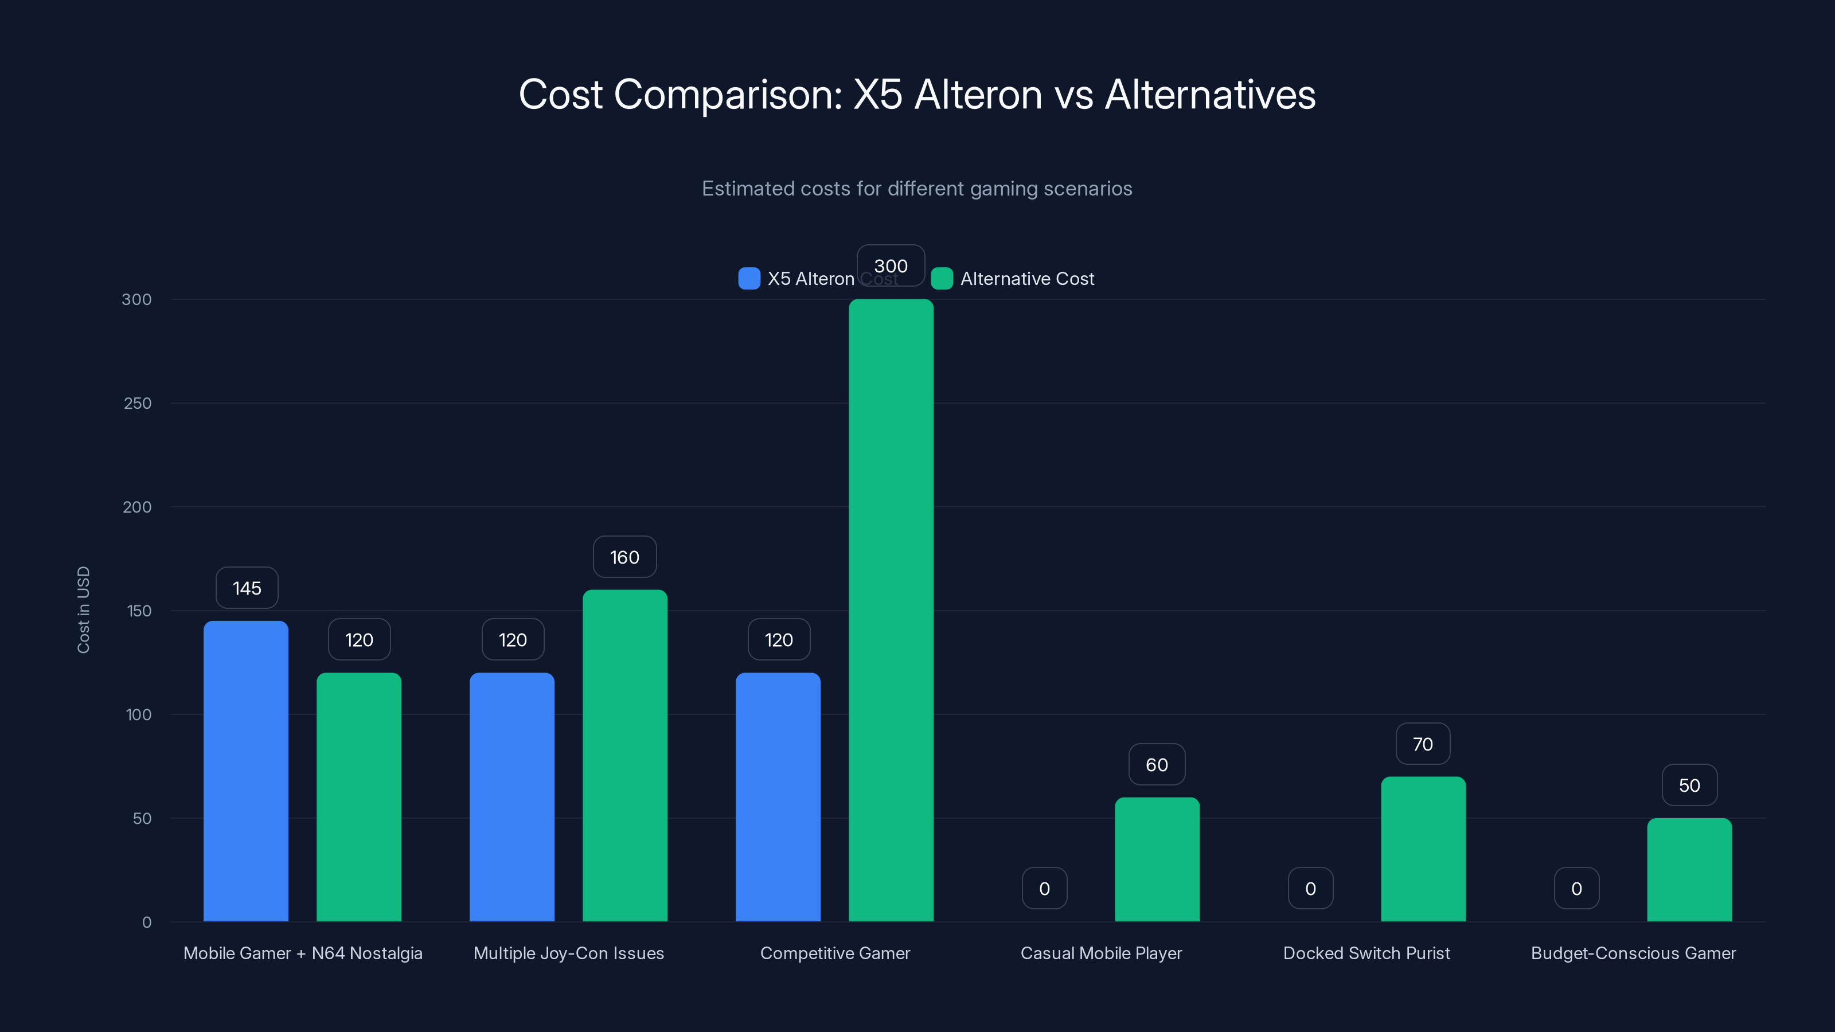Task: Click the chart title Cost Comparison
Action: coord(917,94)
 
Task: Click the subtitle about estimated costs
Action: coord(917,189)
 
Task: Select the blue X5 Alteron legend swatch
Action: coord(749,279)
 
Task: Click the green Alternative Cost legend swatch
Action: coord(942,279)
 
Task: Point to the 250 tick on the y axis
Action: coord(138,403)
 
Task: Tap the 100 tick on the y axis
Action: coord(138,714)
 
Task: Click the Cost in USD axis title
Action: coord(83,609)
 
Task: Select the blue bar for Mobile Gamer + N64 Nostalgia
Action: coord(246,771)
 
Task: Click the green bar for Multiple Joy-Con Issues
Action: coord(624,755)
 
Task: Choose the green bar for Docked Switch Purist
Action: coord(1423,849)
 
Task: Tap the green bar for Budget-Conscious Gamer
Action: coord(1689,870)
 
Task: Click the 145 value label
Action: coord(247,588)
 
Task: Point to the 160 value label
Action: coord(624,557)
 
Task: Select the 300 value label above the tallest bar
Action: coord(891,265)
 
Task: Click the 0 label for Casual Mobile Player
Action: coord(1044,888)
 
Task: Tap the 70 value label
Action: coord(1422,744)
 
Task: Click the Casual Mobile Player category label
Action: coord(1100,953)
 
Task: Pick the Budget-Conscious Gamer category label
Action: coord(1633,953)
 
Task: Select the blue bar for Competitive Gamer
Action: coord(778,796)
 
